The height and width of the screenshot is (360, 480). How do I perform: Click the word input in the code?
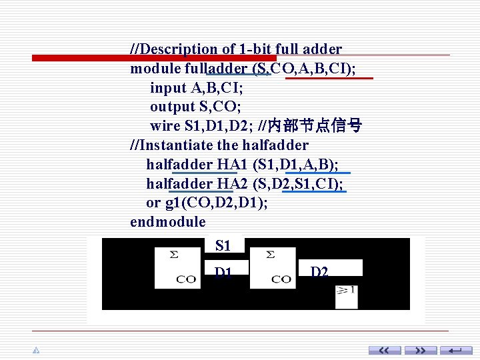168,87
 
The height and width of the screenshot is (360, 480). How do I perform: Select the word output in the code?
172,107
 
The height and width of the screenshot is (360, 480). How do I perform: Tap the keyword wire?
165,126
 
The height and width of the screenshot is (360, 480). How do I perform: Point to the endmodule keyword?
168,222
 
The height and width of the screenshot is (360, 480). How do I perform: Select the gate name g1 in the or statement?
172,203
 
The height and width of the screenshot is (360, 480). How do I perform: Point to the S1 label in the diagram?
223,246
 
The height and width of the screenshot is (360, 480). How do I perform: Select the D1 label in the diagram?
223,271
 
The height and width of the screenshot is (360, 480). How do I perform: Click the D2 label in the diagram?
319,271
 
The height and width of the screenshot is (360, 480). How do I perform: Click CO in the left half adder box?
186,279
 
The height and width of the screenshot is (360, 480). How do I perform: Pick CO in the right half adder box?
281,279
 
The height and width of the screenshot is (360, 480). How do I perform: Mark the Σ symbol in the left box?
174,254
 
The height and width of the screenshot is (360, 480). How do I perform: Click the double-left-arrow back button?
385,350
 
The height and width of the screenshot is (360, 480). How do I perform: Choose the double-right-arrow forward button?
421,350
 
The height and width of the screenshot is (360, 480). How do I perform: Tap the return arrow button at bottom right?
457,350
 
